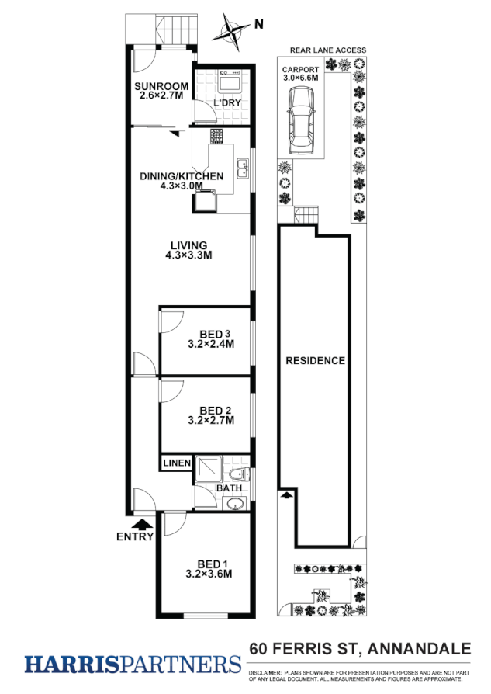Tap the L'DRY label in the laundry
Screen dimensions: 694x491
(226, 104)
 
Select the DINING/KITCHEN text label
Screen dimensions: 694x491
(181, 176)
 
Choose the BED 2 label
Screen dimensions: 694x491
(211, 411)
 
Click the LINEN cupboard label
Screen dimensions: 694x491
(176, 463)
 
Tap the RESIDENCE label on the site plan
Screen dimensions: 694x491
(315, 360)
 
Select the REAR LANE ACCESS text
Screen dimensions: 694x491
(327, 50)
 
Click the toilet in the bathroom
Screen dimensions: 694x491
(237, 473)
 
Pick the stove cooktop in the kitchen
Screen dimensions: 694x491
(216, 137)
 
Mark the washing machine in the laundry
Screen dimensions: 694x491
(230, 81)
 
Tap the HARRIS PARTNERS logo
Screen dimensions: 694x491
(133, 665)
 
